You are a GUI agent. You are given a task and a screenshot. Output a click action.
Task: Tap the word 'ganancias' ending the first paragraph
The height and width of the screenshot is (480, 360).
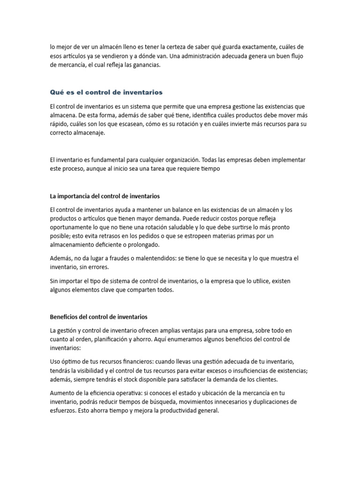click(x=145, y=65)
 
